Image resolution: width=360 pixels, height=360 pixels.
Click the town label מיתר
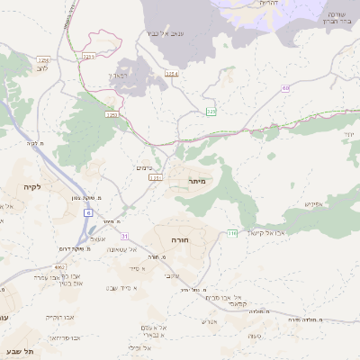pyautogui.click(x=198, y=181)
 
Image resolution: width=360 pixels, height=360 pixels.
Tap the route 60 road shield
pyautogui.click(x=285, y=88)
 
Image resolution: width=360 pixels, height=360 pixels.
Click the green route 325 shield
pyautogui.click(x=211, y=111)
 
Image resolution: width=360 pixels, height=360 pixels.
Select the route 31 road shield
pyautogui.click(x=125, y=236)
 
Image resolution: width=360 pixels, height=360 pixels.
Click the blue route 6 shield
pyautogui.click(x=88, y=212)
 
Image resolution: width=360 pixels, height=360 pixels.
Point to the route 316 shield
pyautogui.click(x=231, y=233)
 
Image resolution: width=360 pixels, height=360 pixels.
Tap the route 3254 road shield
pyautogui.click(x=171, y=74)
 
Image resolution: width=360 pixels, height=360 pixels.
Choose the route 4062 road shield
pyautogui.click(x=59, y=267)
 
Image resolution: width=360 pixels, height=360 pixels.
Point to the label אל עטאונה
pyautogui.click(x=120, y=250)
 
